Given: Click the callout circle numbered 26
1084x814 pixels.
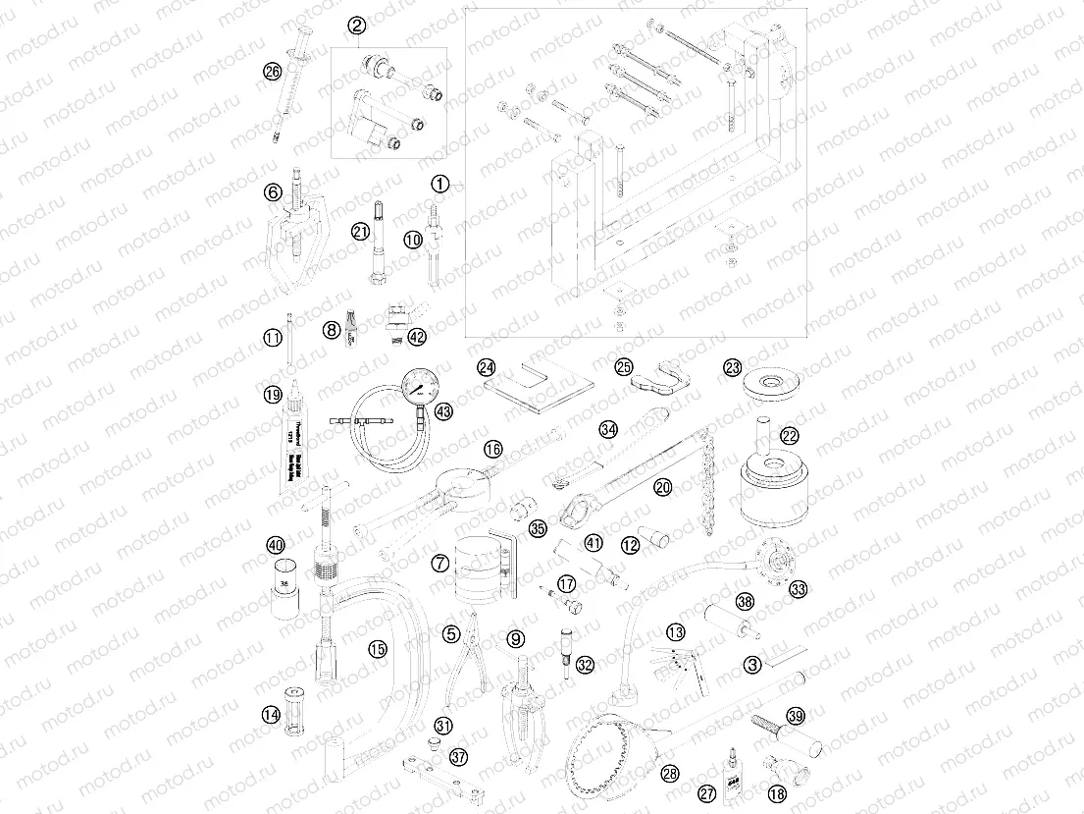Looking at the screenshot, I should coord(272,71).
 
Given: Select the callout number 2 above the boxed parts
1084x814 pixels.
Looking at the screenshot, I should coord(357,26).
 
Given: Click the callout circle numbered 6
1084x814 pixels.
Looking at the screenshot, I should coord(273,192).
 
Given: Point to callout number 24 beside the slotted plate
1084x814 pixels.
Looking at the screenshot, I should coord(487,367).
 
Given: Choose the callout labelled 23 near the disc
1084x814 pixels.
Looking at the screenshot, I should coord(732,367).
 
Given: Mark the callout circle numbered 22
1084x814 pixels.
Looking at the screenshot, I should coord(790,435).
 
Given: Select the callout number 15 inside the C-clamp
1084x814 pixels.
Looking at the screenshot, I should coord(378,648).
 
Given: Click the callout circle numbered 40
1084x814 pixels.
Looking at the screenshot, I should coord(276,545).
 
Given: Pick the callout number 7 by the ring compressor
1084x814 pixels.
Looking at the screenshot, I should coord(439,563).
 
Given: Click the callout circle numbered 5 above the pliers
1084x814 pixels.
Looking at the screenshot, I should coord(450,634).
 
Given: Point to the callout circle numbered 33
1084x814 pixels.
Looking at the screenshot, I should coord(798,589).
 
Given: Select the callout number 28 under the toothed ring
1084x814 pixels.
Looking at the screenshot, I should coord(670,773).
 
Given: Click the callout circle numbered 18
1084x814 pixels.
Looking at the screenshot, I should coord(778,794).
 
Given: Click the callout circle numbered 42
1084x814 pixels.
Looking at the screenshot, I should coord(418,337).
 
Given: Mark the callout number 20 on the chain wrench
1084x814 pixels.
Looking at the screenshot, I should coord(663,486).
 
